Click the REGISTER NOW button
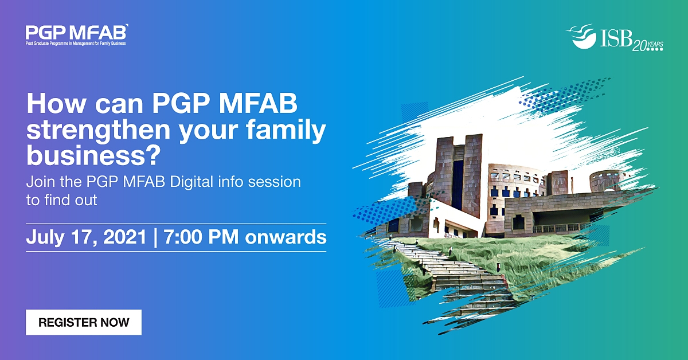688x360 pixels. pos(84,322)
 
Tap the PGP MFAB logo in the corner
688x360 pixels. pos(76,35)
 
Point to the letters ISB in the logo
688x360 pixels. pos(615,38)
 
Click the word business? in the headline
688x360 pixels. pos(93,155)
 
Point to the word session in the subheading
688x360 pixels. pos(274,182)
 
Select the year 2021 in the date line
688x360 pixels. pos(124,237)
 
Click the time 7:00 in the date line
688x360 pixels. pos(183,237)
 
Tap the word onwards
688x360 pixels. pos(286,237)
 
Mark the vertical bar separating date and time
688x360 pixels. pos(155,238)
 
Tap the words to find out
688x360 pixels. pos(62,200)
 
